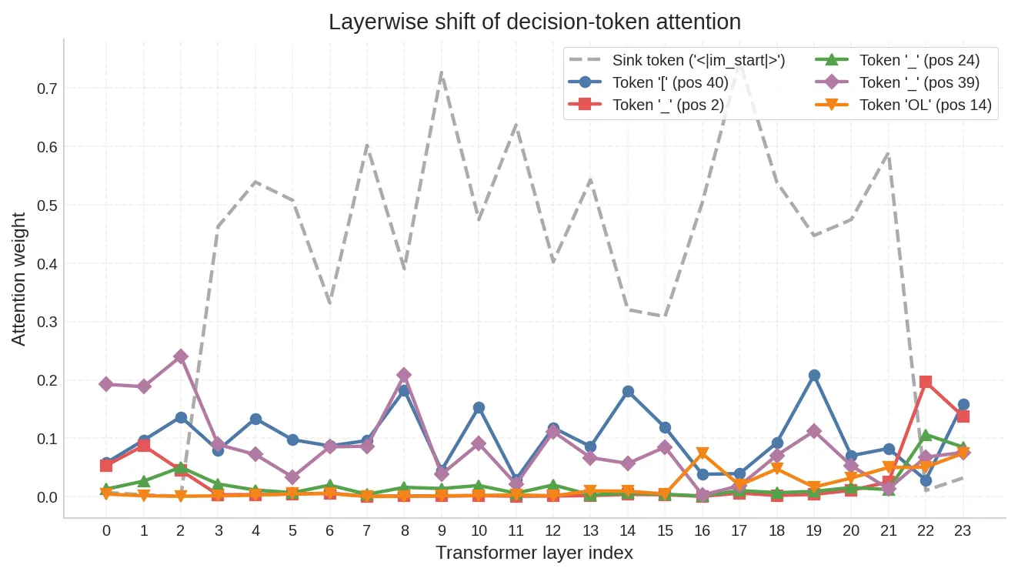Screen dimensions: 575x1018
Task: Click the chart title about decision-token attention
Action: coord(534,22)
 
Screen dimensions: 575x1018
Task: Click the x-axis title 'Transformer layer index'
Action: coord(534,553)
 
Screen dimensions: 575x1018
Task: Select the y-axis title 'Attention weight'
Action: coord(18,279)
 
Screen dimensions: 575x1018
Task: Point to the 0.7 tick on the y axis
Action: coord(47,89)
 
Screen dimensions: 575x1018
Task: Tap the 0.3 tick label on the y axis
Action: coord(47,322)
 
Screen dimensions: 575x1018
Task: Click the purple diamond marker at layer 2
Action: coord(181,356)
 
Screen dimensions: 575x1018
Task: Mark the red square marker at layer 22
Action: coord(926,382)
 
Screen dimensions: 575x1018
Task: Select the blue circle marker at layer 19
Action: coord(814,376)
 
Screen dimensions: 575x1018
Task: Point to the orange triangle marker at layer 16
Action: coord(703,453)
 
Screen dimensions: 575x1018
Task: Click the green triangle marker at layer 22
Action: coord(926,436)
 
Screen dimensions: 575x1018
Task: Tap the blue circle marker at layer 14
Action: coord(628,392)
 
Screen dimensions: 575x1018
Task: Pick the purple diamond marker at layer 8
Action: coord(404,375)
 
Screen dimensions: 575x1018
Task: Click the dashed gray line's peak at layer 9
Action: coord(442,72)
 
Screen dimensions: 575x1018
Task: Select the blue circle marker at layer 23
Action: coord(963,404)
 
